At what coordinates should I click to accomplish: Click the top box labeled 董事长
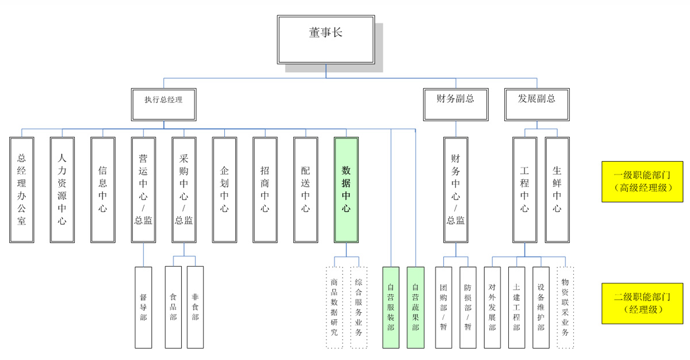pyautogui.click(x=325, y=39)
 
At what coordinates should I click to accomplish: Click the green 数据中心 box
pyautogui.click(x=346, y=189)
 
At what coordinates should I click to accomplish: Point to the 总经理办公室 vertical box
pyautogui.click(x=22, y=189)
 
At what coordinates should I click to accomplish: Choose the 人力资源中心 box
pyautogui.click(x=62, y=189)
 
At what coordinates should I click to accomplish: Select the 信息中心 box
pyautogui.click(x=103, y=189)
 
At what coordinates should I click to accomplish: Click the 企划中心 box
pyautogui.click(x=224, y=189)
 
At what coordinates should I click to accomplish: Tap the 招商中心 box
pyautogui.click(x=265, y=189)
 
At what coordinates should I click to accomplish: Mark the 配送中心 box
pyautogui.click(x=305, y=189)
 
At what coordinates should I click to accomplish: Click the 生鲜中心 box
pyautogui.click(x=557, y=189)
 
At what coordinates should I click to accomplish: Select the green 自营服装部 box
pyautogui.click(x=391, y=307)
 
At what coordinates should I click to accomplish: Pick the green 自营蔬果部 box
pyautogui.click(x=415, y=307)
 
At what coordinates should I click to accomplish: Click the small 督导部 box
pyautogui.click(x=143, y=307)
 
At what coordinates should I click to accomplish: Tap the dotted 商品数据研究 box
pyautogui.click(x=334, y=307)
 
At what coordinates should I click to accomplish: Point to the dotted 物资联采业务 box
pyautogui.click(x=565, y=307)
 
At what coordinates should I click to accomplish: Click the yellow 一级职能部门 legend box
pyautogui.click(x=642, y=181)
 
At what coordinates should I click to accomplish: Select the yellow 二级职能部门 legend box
pyautogui.click(x=642, y=303)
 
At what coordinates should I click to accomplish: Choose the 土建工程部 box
pyautogui.click(x=516, y=307)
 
